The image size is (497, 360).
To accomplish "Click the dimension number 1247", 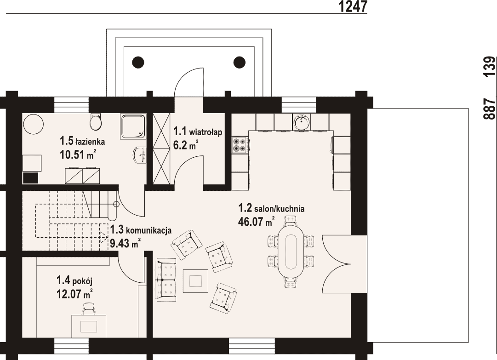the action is tap(353, 6).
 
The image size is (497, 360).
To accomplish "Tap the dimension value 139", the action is tap(489, 66).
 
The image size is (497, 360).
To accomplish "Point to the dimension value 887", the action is tap(489, 109).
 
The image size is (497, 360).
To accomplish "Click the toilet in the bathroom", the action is tap(96, 122).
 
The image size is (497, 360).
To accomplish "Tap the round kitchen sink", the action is tap(302, 122).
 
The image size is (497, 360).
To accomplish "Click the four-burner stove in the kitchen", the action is tap(240, 145).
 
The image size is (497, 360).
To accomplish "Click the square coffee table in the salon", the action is tap(196, 281).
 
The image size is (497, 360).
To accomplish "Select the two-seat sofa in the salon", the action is tap(165, 280).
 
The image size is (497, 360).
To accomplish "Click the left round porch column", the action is tap(138, 62).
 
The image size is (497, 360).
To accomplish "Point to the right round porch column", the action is tap(240, 62).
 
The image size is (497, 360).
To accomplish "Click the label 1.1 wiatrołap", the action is tap(198, 131).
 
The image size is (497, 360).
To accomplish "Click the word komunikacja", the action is tap(149, 230).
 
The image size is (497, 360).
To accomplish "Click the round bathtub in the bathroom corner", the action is tap(33, 124).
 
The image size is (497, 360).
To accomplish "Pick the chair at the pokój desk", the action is tap(89, 309).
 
